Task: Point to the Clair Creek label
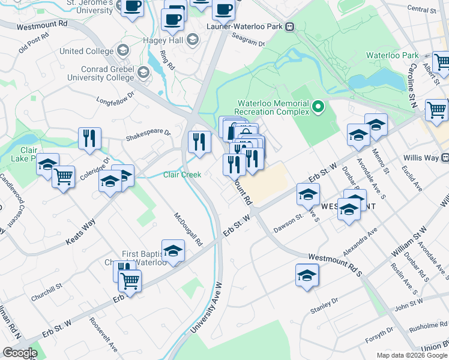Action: [x=182, y=175]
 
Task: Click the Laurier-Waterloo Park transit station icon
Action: [x=290, y=26]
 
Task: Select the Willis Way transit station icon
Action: [x=445, y=158]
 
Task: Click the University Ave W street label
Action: [x=206, y=308]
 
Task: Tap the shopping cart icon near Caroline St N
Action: [x=436, y=110]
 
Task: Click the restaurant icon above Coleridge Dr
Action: [x=89, y=138]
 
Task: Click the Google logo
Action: [x=20, y=353]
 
